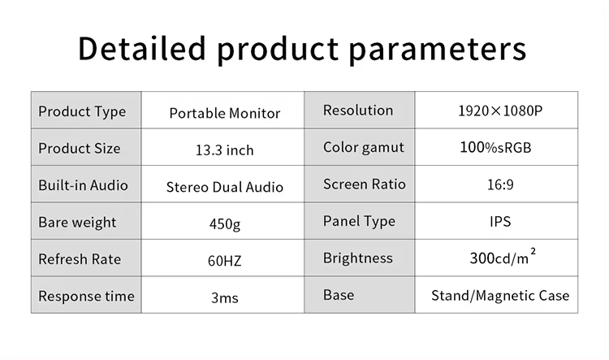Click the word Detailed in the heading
[x=142, y=48]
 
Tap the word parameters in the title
[x=438, y=50]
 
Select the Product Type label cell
[x=86, y=110]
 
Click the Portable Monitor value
[x=224, y=113]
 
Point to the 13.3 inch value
[x=224, y=150]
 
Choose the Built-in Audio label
[x=83, y=185]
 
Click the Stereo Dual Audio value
[x=224, y=187]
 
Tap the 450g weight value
[x=224, y=224]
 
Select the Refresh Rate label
[x=80, y=259]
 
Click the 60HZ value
[x=224, y=261]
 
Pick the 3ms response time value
[x=224, y=297]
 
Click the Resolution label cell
[x=359, y=110]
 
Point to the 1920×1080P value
[x=500, y=111]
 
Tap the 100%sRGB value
[x=495, y=147]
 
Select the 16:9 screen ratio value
[x=500, y=184]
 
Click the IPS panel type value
[x=500, y=221]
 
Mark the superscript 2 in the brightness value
[x=533, y=252]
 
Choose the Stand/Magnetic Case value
[x=500, y=296]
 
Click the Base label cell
[x=359, y=295]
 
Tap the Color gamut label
[x=364, y=147]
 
